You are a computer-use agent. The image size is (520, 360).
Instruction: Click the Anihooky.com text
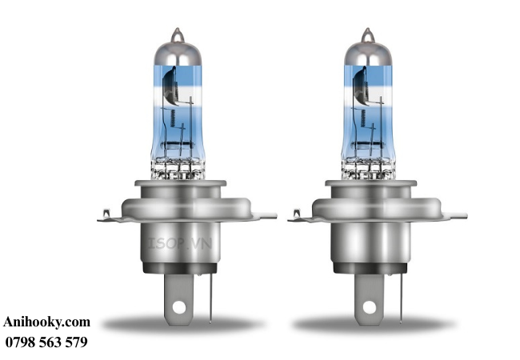coord(46,322)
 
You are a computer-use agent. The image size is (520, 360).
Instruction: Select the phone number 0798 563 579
coord(46,342)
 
